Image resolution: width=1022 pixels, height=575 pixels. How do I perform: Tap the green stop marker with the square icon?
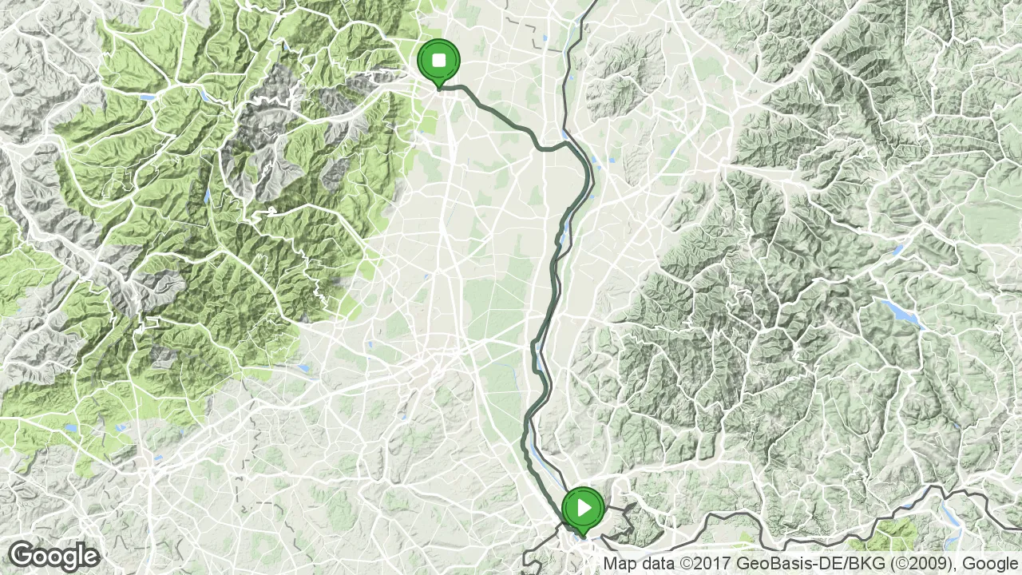point(438,61)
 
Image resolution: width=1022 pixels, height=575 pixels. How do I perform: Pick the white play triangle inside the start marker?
point(584,507)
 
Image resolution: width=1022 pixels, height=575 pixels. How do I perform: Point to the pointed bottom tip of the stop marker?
point(438,88)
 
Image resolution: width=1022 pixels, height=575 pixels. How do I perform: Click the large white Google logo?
point(54,556)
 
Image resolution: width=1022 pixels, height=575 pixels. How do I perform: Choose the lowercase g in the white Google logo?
point(69,558)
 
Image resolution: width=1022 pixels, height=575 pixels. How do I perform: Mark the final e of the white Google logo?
point(92,557)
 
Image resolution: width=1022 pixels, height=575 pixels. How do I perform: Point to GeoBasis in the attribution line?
point(769,564)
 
